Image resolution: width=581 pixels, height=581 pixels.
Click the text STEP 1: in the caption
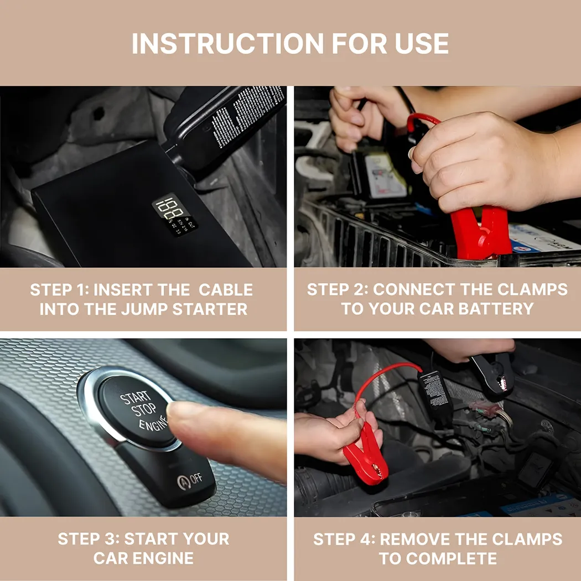pos(58,290)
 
